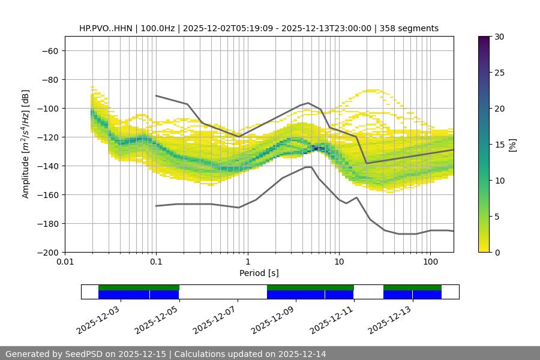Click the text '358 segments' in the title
click(x=413, y=28)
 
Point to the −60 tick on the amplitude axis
click(x=49, y=50)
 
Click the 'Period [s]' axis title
click(x=259, y=274)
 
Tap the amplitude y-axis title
click(x=26, y=144)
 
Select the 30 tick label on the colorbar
click(x=499, y=37)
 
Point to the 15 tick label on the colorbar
click(x=499, y=145)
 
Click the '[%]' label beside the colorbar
click(x=513, y=145)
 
